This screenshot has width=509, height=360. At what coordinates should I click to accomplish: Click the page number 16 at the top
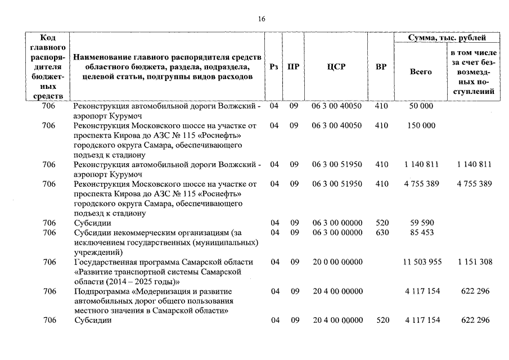point(262,19)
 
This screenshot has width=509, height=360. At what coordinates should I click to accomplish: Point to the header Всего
point(421,71)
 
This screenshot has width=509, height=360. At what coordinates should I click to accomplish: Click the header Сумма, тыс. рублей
point(447,38)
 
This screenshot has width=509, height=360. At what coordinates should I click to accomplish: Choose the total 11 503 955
point(422,262)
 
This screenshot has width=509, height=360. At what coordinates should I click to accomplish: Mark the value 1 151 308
point(475,262)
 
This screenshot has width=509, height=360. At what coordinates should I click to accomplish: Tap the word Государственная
point(107,262)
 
